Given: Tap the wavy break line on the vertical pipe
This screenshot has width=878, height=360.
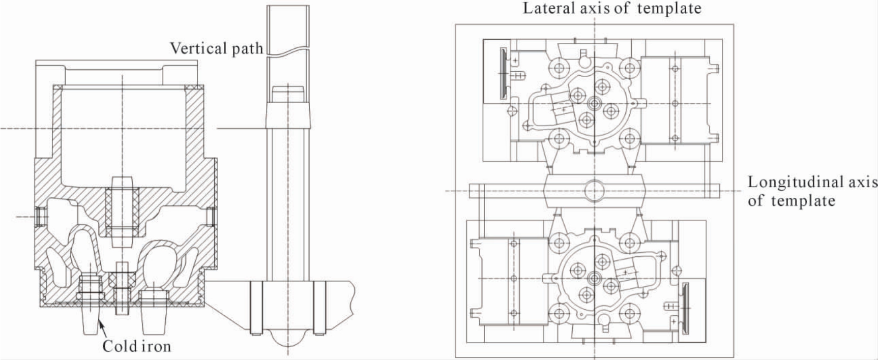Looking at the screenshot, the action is [x=288, y=49].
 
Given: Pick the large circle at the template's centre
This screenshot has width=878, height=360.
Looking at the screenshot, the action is [x=594, y=191].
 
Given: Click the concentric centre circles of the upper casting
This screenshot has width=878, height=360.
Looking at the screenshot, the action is [x=594, y=104].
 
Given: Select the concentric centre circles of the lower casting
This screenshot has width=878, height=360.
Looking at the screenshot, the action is [x=594, y=278].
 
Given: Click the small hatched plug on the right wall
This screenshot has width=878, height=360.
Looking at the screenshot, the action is [x=210, y=217].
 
